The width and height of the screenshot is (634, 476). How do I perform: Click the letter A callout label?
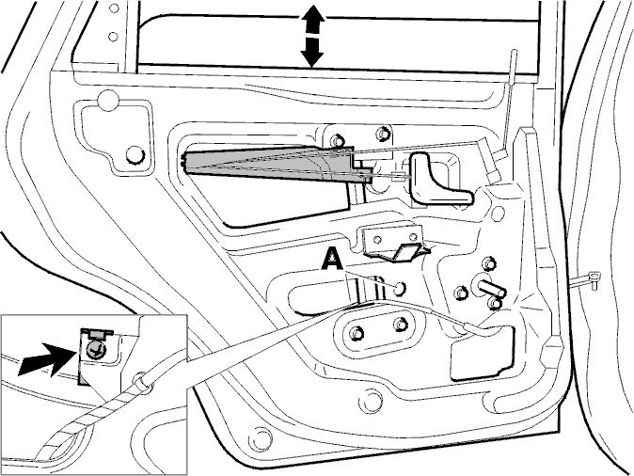[332, 260]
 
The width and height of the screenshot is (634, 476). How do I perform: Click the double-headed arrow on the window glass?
[312, 36]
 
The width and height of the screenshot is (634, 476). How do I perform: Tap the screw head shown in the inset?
[95, 349]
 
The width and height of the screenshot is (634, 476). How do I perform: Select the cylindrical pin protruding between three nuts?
[491, 288]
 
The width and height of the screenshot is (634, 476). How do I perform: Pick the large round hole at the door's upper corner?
[109, 100]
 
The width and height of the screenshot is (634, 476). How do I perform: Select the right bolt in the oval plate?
[400, 324]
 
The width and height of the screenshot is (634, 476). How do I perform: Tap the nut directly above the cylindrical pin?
[490, 263]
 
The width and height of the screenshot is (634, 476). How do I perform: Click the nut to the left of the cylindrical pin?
[461, 293]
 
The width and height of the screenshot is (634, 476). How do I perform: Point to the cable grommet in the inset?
[140, 381]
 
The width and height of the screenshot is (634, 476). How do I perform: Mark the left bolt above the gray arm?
[337, 141]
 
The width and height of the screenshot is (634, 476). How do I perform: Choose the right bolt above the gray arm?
[382, 134]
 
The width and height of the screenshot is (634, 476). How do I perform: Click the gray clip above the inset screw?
[97, 334]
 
